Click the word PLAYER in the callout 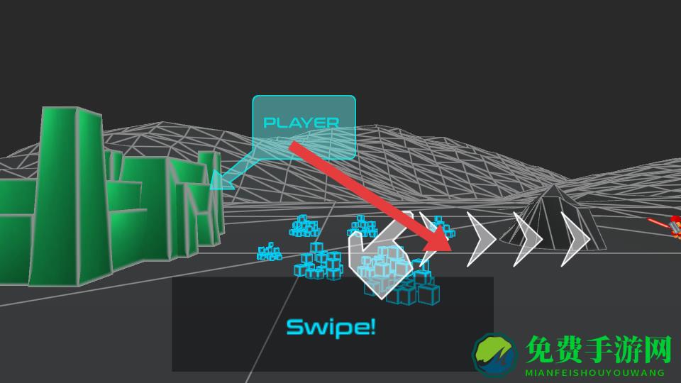[x=301, y=123]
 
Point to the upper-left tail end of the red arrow [x=292, y=145]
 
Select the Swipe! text [x=331, y=327]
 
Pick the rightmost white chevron [x=575, y=239]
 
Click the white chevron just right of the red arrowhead [x=480, y=239]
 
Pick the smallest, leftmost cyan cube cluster [x=269, y=251]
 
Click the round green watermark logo [x=495, y=353]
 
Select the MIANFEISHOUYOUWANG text [x=594, y=372]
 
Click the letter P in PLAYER [x=269, y=123]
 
